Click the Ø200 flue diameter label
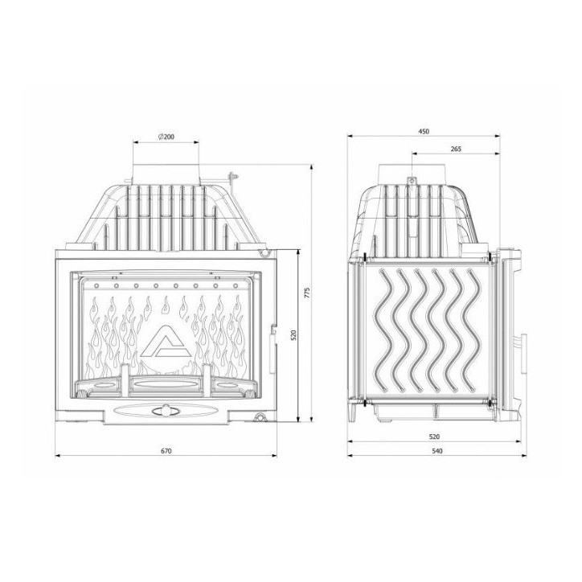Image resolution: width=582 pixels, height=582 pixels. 166,137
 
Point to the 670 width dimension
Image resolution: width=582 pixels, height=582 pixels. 166,451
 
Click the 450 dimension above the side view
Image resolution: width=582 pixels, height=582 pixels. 424,131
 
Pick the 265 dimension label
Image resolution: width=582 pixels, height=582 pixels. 455,149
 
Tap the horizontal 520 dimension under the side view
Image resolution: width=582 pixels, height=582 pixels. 435,436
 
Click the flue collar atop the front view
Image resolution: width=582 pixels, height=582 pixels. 166,169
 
